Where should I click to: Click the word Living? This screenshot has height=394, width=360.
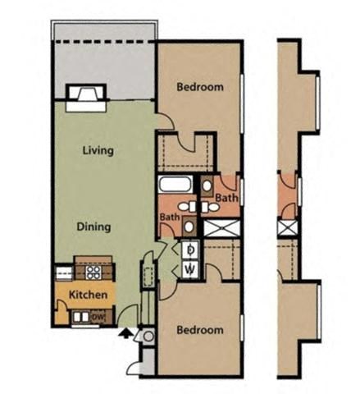point(98,151)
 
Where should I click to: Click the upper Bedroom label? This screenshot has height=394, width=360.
point(199,87)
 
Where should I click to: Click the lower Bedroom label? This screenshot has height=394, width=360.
point(200,330)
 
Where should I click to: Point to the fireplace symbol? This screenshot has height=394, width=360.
point(86,98)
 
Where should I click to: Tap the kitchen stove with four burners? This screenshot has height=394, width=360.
point(94,270)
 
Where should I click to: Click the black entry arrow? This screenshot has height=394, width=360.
point(125,333)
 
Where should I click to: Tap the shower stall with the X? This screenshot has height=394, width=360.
point(219,227)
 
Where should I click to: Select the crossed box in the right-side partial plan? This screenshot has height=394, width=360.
point(286,227)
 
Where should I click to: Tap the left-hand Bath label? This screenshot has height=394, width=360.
point(170,217)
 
